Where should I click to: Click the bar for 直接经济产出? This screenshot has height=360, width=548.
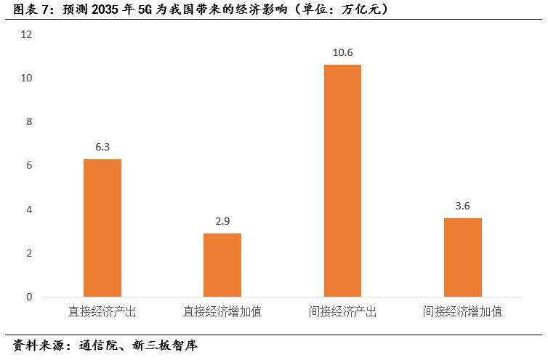click(102, 228)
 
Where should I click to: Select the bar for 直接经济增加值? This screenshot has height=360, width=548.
click(222, 265)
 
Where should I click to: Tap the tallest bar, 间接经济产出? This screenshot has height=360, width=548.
click(342, 180)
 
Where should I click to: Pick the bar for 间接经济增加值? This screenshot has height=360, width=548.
click(462, 257)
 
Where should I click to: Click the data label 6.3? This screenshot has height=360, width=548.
click(102, 147)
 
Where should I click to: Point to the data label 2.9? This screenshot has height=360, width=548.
click(222, 221)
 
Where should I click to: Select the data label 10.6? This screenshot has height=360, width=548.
click(342, 52)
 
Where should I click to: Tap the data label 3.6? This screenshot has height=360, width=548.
click(462, 206)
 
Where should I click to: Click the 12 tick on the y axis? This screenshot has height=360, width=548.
click(28, 34)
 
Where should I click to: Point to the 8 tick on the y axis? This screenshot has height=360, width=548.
click(30, 122)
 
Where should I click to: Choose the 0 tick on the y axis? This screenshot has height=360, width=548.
click(30, 297)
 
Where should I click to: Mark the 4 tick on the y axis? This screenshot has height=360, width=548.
click(30, 209)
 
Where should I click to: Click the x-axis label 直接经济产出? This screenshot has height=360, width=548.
click(102, 311)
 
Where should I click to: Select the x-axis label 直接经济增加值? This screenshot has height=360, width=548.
click(222, 311)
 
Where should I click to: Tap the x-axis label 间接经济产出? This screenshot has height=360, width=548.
click(342, 311)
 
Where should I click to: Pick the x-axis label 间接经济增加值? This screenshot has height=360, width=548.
click(462, 311)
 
